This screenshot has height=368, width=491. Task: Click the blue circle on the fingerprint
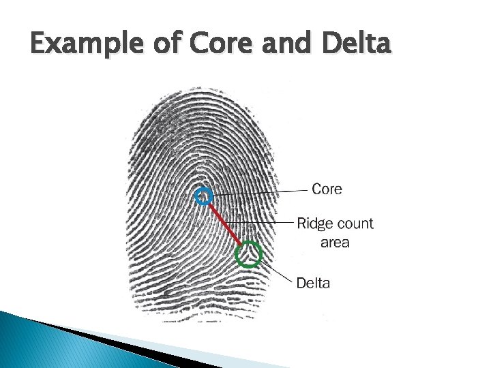tap(203, 197)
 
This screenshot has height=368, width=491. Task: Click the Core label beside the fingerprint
tap(327, 188)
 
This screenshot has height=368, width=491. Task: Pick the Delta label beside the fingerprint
tap(313, 283)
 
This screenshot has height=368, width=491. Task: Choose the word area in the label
tap(335, 242)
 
